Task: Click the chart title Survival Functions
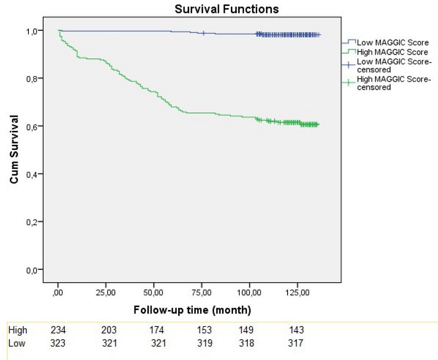click(x=226, y=9)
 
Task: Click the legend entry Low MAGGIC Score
click(x=384, y=42)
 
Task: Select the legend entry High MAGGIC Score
click(x=385, y=52)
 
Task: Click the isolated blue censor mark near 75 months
click(x=204, y=33)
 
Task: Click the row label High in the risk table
click(x=18, y=330)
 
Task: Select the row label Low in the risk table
click(x=17, y=342)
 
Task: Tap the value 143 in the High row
click(x=296, y=330)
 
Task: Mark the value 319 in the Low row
click(x=203, y=342)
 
